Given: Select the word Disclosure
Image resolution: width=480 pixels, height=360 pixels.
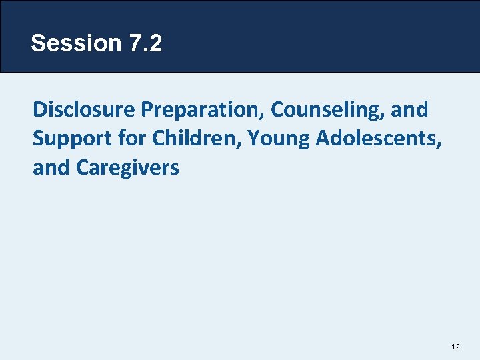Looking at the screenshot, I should pyautogui.click(x=83, y=109).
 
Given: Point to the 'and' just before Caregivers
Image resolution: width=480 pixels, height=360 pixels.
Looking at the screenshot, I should pyautogui.click(x=52, y=167).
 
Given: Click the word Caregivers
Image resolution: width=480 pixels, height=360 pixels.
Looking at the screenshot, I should pyautogui.click(x=128, y=167).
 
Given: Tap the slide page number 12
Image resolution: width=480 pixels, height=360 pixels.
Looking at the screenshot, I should pyautogui.click(x=456, y=347).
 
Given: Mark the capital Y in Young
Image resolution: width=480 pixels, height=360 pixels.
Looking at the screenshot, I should pyautogui.click(x=251, y=139).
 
